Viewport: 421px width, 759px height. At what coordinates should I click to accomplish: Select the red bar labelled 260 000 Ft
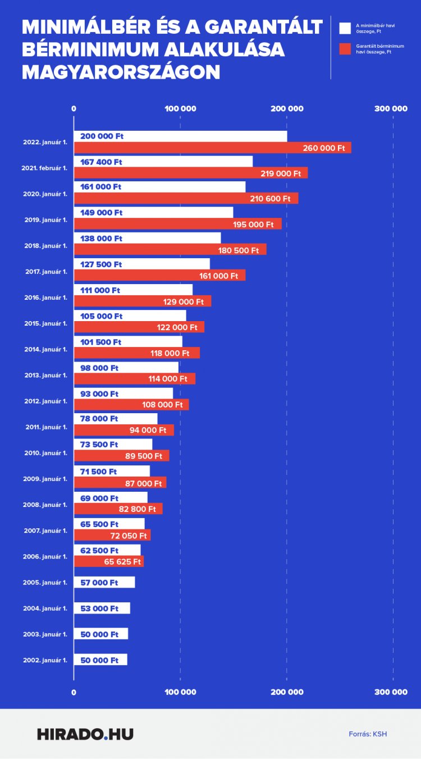click(212, 148)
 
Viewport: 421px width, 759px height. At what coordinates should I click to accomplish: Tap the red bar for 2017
click(159, 276)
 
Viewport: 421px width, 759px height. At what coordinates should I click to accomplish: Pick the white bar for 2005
click(104, 582)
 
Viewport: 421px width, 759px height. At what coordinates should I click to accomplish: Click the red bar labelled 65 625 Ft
click(109, 561)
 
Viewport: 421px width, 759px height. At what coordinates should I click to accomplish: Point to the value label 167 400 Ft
click(101, 162)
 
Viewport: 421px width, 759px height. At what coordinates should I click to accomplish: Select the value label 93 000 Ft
click(99, 394)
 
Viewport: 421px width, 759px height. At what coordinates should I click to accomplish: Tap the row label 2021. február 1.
click(44, 168)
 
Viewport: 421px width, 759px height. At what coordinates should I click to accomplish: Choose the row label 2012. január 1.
click(45, 401)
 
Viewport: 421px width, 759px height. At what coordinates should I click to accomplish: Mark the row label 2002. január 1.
click(45, 660)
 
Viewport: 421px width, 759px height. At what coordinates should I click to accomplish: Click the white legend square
click(345, 28)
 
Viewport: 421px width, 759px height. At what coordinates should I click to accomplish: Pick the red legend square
click(345, 49)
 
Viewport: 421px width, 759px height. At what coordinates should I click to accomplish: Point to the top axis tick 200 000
click(287, 109)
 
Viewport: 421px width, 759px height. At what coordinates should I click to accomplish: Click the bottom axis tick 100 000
click(180, 692)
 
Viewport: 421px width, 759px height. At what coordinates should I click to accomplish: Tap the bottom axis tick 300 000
click(392, 692)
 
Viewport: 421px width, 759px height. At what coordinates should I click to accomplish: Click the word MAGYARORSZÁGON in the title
click(121, 71)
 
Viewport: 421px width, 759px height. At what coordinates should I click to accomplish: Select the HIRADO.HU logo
click(85, 734)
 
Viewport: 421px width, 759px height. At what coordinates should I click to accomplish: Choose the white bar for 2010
click(113, 445)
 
